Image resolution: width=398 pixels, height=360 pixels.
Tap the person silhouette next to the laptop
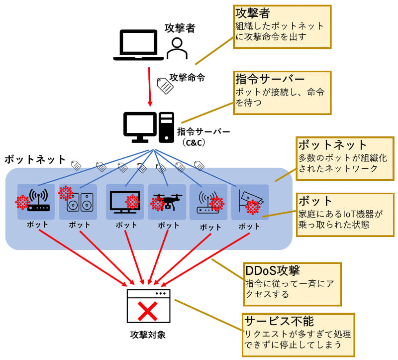coord(176,49)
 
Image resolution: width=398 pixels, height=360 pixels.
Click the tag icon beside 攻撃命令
coord(165,86)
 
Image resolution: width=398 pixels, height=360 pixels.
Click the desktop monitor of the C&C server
coord(139,125)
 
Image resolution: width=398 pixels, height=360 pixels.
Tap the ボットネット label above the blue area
coord(35,159)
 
